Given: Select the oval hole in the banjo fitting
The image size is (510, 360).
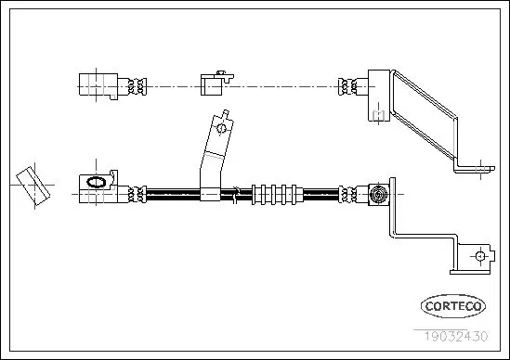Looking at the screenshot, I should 94,183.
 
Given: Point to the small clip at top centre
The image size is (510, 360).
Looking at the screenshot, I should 213,84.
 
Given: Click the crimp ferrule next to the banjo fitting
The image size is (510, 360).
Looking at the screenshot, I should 137,195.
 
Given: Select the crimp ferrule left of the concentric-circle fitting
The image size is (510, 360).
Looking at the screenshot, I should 349,195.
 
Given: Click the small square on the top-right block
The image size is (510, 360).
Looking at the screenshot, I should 377,114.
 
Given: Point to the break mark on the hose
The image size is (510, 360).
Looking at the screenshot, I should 240,194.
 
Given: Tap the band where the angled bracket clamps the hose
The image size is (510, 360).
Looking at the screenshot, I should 212,195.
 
